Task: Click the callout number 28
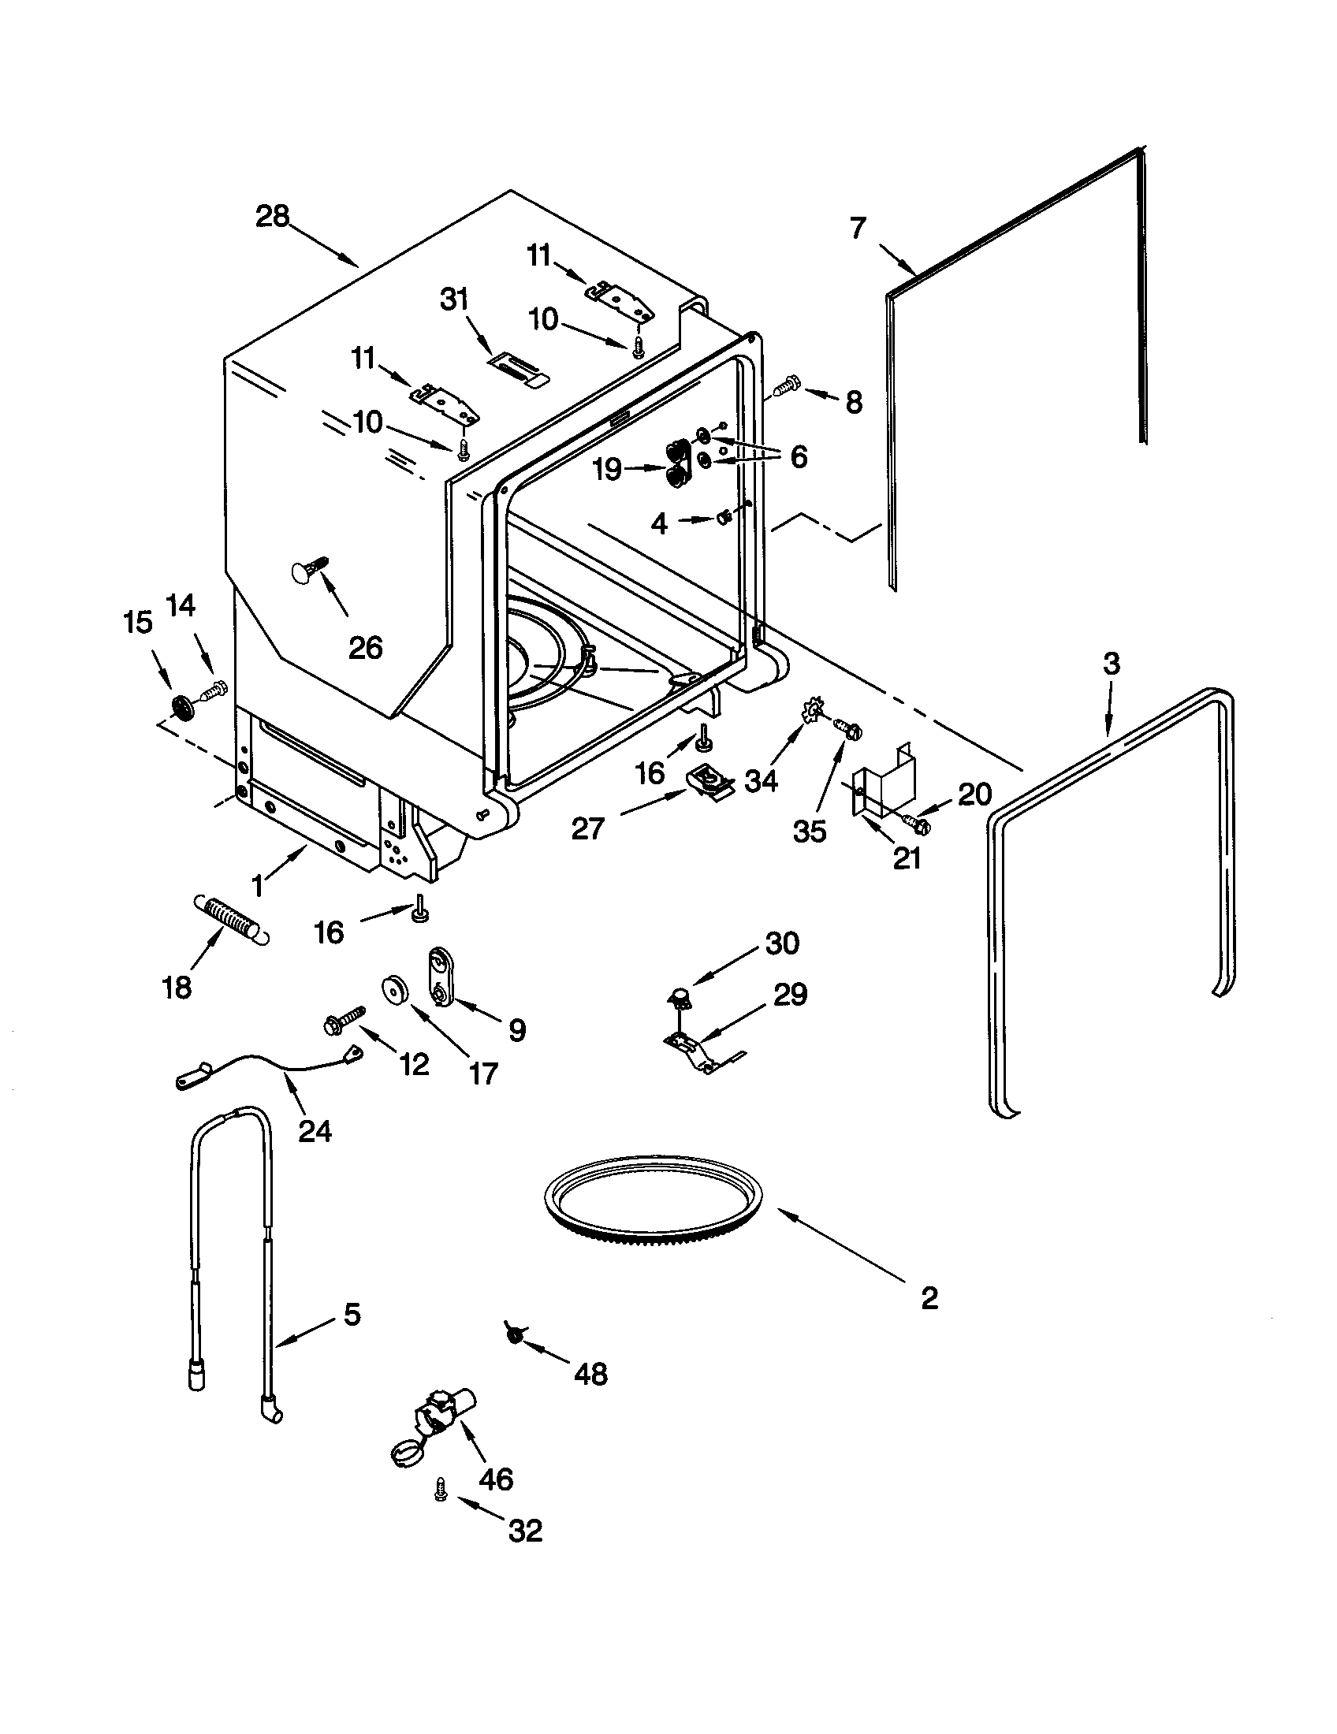272,216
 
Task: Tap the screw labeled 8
784,389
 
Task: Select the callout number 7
858,229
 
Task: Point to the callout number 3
1112,663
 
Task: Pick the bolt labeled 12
344,1020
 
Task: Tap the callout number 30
781,943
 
